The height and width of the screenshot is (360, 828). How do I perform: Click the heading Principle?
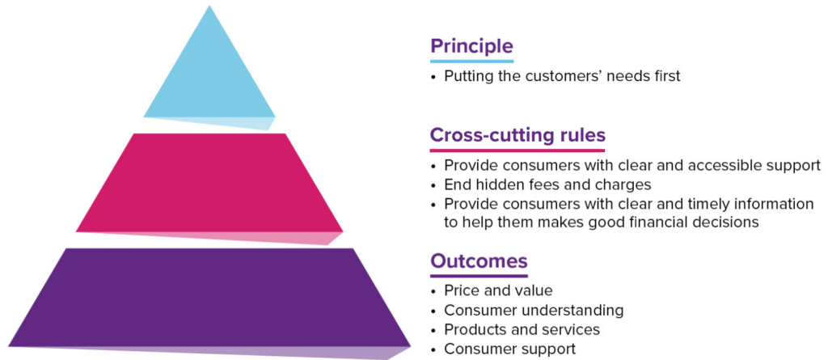(471, 46)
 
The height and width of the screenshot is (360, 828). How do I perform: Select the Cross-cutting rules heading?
(517, 135)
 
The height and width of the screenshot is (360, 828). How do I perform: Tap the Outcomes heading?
(479, 261)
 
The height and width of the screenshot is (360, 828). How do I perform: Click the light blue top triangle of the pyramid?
(209, 69)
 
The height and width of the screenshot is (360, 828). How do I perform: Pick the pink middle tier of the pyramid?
(209, 185)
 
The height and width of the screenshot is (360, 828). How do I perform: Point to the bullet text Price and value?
(498, 290)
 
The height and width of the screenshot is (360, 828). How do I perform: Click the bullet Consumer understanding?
(534, 310)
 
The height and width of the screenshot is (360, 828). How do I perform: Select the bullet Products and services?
(522, 329)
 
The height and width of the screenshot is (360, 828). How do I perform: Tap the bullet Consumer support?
(509, 349)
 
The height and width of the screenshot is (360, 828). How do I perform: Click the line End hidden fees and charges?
(547, 185)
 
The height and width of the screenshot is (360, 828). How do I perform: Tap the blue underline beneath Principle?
(471, 61)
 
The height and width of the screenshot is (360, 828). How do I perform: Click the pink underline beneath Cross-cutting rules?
(517, 150)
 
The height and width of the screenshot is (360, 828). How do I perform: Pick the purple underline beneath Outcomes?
(479, 275)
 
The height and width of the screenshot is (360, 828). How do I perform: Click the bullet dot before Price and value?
(433, 291)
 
